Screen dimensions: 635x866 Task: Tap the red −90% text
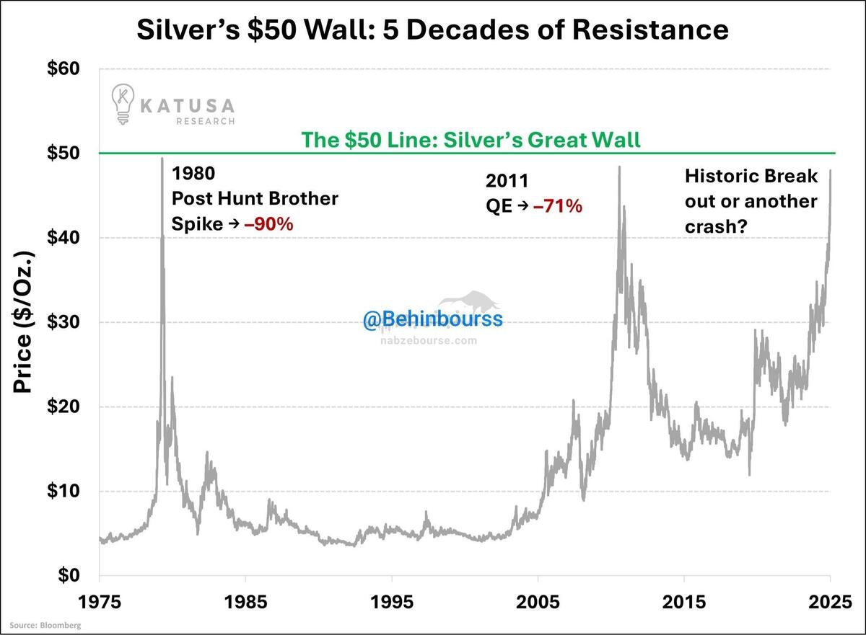[x=268, y=224]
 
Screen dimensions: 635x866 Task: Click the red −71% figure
[x=557, y=206]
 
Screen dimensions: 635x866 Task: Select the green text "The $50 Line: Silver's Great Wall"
[x=471, y=139]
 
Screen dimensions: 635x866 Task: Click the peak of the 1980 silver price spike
[x=162, y=158]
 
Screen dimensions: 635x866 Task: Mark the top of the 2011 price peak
[x=619, y=166]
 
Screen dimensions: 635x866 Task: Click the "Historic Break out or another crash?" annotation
[x=751, y=200]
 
